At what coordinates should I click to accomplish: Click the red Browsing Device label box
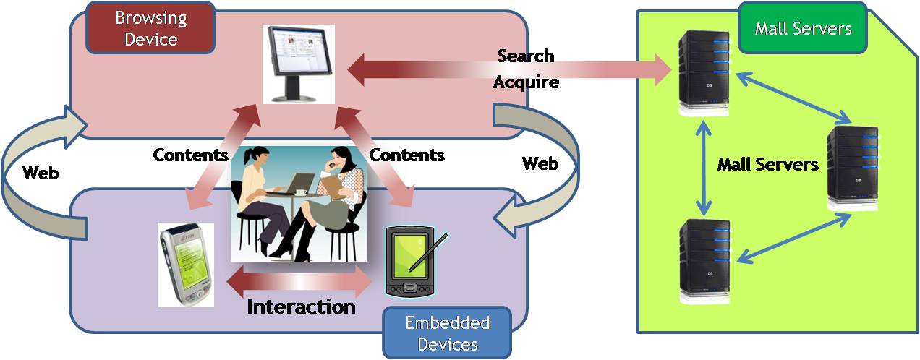point(150,27)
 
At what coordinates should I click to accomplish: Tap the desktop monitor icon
point(299,63)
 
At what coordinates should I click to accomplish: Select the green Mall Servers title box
point(803,29)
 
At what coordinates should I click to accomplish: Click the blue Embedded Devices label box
point(447,333)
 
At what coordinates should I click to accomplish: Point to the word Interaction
point(301,307)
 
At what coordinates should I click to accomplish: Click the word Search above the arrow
point(526,56)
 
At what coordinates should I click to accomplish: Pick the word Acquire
point(526,82)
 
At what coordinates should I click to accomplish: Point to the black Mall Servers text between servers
point(767,165)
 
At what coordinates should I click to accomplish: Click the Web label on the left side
point(41,173)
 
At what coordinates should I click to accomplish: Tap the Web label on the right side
point(540,164)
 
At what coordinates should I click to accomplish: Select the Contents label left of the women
point(190,155)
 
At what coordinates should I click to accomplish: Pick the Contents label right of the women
point(406,155)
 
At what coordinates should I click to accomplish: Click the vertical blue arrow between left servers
point(701,166)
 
